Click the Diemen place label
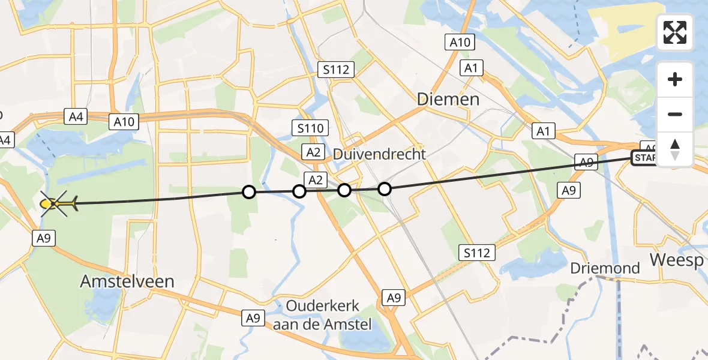448,99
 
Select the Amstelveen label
127,281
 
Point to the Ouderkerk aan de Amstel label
323,315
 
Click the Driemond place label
605,268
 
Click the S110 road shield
310,128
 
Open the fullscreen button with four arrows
675,32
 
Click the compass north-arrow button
675,149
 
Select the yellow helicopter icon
58,204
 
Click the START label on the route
645,158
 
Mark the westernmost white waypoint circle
248,192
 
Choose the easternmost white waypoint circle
385,189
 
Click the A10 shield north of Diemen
460,42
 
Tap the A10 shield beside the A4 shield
125,122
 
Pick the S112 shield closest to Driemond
478,253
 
